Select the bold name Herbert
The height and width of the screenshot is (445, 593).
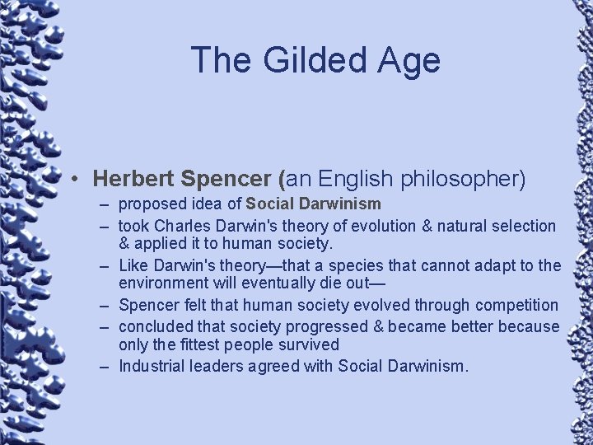click(x=133, y=178)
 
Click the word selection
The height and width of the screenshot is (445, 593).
click(x=520, y=226)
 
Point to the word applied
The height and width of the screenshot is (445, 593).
click(x=162, y=245)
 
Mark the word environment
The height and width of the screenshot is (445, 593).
click(x=164, y=285)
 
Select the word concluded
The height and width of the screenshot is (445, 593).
click(x=156, y=326)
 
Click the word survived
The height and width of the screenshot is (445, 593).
click(x=309, y=344)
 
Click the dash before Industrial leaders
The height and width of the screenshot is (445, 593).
click(x=107, y=365)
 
